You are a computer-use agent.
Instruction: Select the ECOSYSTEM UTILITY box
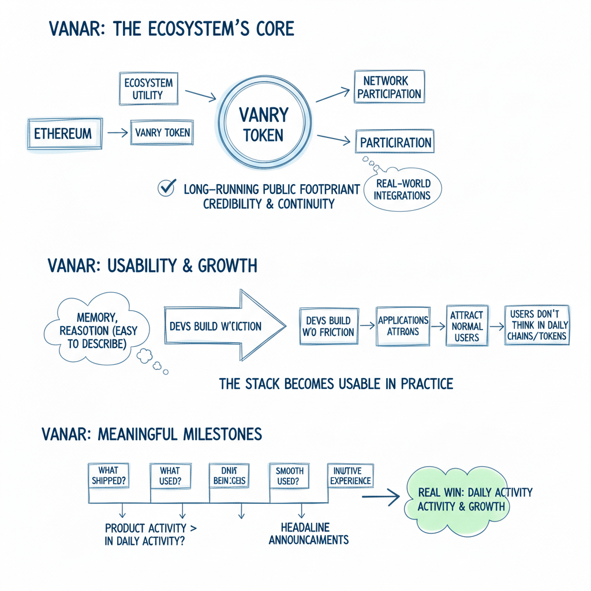148,88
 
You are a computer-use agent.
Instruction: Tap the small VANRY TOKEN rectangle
161,133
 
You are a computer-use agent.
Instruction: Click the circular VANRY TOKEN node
263,125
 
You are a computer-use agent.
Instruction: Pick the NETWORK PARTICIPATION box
389,87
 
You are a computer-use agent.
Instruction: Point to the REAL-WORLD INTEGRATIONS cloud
402,190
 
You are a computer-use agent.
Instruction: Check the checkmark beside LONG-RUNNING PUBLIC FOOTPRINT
166,188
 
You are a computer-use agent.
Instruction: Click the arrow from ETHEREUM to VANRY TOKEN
117,133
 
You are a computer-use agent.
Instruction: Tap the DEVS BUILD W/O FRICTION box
327,327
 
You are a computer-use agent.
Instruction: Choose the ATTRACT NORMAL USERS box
467,327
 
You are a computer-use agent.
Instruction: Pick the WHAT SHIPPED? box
109,476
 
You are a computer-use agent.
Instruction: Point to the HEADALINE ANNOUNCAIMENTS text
308,534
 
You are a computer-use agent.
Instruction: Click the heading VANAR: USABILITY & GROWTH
152,266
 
